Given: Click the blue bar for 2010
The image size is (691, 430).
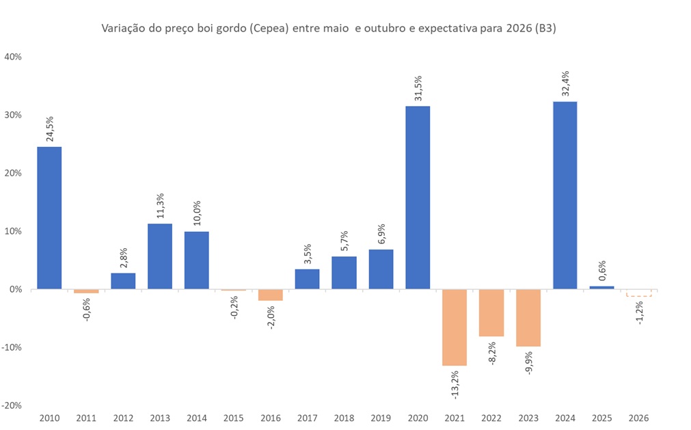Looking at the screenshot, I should click(49, 218).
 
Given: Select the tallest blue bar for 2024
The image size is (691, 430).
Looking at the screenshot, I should click(565, 196).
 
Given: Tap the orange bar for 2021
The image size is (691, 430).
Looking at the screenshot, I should click(455, 327).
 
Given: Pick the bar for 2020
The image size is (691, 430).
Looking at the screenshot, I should click(418, 198).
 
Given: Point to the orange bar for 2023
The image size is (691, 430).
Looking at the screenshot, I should click(528, 318).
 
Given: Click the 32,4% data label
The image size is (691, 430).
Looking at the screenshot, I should click(565, 85).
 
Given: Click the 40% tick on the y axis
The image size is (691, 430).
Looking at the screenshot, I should click(14, 57).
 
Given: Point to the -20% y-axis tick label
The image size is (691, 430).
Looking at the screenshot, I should click(12, 405).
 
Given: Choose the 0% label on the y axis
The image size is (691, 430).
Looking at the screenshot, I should click(16, 289).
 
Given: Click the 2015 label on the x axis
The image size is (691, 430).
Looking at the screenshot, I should click(233, 418).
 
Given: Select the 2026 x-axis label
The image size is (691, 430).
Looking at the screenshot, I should click(639, 418).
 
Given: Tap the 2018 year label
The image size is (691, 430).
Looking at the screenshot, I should click(344, 418).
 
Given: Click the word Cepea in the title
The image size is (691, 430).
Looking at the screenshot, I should click(269, 29).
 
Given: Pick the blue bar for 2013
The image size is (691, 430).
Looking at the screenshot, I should click(160, 256).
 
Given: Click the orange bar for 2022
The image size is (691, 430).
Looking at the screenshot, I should click(491, 313).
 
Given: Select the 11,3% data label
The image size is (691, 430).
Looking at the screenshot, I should click(160, 207).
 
